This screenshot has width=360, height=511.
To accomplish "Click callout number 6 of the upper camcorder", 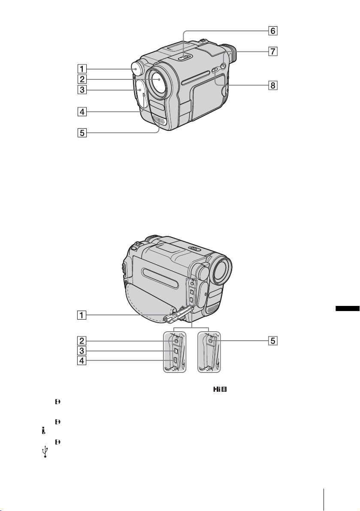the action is [x=273, y=31].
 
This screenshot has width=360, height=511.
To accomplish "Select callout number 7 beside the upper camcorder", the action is [x=273, y=51].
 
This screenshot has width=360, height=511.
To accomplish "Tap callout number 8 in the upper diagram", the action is [x=273, y=85].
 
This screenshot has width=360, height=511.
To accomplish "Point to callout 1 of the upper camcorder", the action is [x=82, y=69].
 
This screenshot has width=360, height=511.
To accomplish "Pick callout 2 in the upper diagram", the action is [x=82, y=79].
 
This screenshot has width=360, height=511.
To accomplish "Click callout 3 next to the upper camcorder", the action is [x=82, y=89].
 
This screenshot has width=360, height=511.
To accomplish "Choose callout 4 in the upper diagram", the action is [x=82, y=112].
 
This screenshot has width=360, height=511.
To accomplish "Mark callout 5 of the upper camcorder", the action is [x=82, y=133].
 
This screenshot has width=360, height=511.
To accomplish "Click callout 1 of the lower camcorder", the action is [x=82, y=315].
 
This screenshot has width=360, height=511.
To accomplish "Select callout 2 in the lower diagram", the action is [x=82, y=341].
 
